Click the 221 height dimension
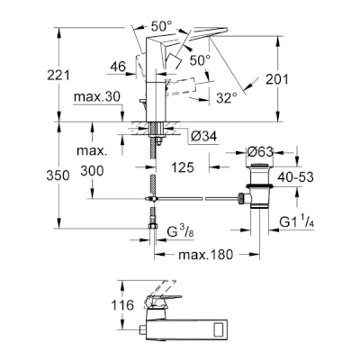click(x=58, y=75)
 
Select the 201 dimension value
click(x=277, y=79)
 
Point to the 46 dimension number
click(x=118, y=67)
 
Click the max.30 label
click(x=97, y=97)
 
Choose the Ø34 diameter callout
click(x=203, y=137)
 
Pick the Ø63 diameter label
click(x=260, y=152)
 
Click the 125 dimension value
click(x=183, y=167)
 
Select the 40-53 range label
click(x=295, y=177)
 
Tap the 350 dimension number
click(x=58, y=175)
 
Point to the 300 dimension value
click(x=92, y=171)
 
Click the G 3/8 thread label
click(x=180, y=233)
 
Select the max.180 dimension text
click(x=205, y=255)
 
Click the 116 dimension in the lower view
click(x=122, y=305)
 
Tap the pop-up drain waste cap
click(x=259, y=166)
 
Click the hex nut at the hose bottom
click(x=153, y=226)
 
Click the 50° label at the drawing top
click(x=163, y=27)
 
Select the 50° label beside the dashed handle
click(x=200, y=60)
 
